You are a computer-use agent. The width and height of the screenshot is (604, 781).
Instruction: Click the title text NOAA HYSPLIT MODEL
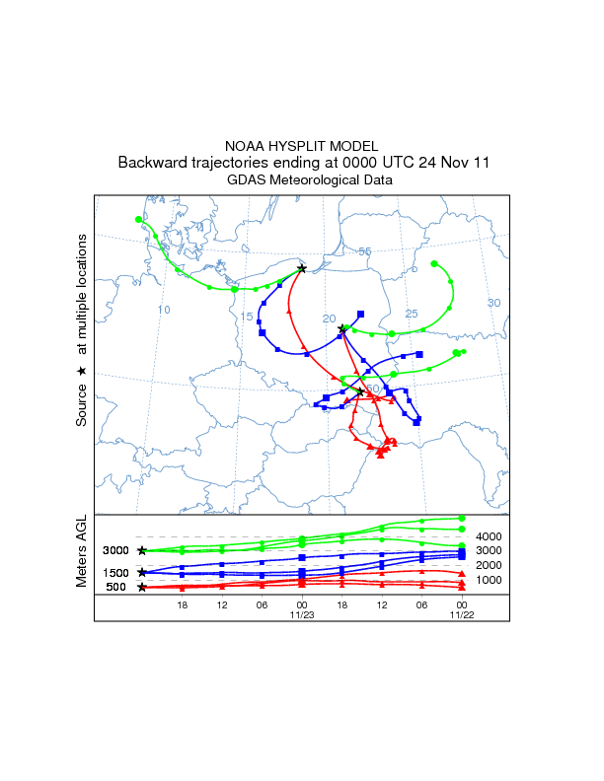tap(302, 146)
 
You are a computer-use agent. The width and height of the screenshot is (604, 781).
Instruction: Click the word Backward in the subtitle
tap(150, 163)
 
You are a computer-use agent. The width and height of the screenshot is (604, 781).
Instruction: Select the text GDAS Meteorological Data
tap(302, 180)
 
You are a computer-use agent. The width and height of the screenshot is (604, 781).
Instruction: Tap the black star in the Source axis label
tap(82, 371)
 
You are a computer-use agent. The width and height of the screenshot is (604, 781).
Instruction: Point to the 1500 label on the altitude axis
tap(115, 573)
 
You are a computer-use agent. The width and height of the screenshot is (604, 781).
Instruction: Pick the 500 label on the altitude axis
tap(115, 588)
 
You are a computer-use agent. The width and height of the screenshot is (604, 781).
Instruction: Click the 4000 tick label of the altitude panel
tap(491, 536)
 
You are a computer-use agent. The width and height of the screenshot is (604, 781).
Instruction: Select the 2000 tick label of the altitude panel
tap(491, 565)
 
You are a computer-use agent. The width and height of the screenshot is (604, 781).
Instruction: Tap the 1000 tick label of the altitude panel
tap(491, 580)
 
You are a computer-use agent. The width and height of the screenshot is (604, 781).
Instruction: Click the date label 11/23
tap(301, 614)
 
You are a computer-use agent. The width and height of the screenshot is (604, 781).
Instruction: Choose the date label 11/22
tap(461, 614)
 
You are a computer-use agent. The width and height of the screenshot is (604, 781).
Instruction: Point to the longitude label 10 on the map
tap(164, 310)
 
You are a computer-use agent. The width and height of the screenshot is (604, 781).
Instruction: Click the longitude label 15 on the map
tap(247, 317)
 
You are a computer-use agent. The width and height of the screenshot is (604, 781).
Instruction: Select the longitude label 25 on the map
tap(413, 314)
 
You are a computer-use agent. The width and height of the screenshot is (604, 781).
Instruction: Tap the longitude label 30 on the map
tap(494, 303)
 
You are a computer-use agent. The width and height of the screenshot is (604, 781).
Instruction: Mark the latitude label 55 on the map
tap(364, 252)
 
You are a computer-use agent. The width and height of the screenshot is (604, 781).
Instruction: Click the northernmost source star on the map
tap(302, 268)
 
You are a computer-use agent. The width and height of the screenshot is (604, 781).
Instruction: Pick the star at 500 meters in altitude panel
tap(142, 588)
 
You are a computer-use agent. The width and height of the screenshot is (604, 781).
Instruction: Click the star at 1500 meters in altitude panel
tap(142, 572)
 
